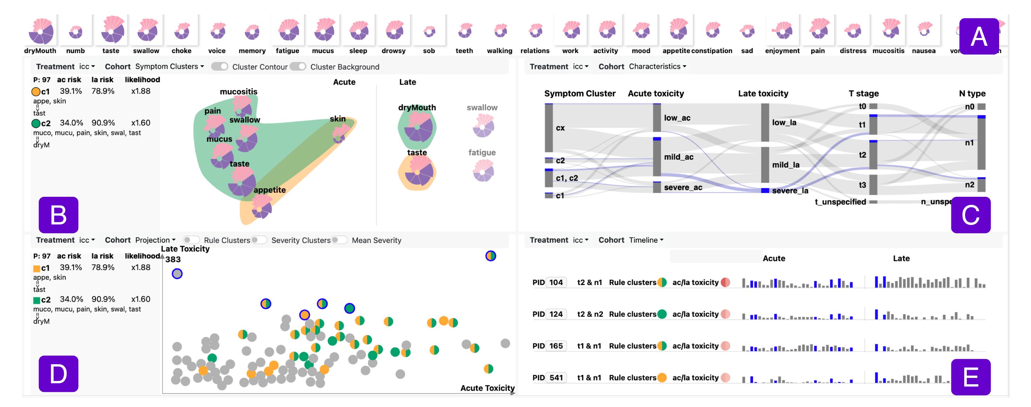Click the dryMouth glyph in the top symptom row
41,31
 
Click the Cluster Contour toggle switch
219,67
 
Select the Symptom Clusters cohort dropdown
169,67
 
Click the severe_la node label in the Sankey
790,191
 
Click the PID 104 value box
556,282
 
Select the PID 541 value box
556,378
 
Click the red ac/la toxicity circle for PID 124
725,314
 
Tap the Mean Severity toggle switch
339,240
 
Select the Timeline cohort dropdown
646,240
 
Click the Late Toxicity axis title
185,249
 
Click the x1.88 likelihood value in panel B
141,91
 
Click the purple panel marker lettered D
59,373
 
